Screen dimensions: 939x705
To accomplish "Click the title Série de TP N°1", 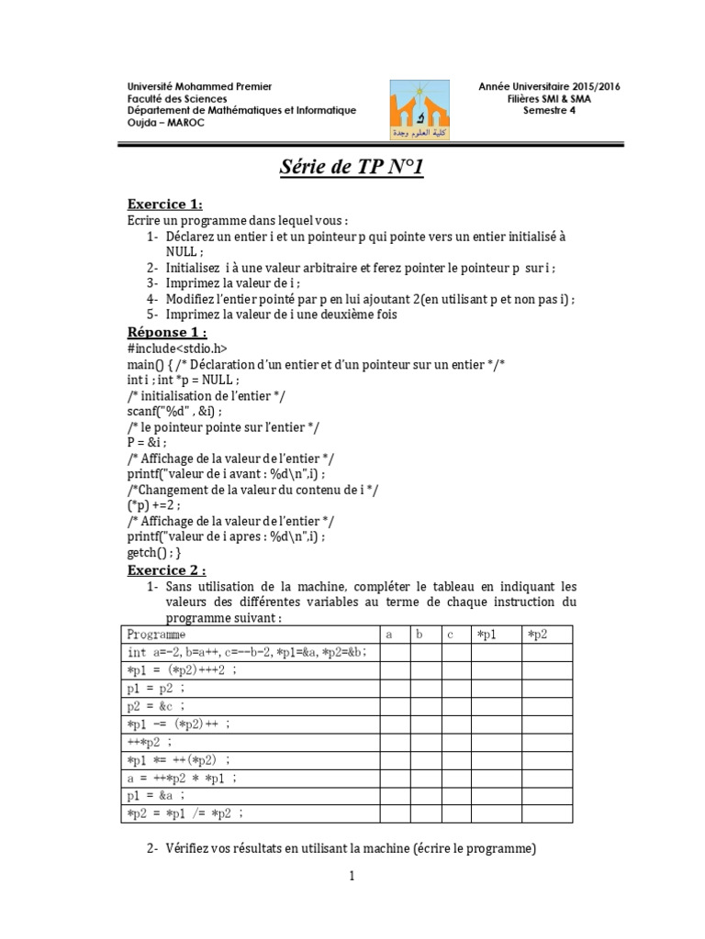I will (x=352, y=169).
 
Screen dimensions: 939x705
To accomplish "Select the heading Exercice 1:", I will (x=164, y=204).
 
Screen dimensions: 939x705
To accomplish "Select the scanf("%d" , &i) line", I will (x=174, y=414).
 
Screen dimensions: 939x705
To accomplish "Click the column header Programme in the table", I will (x=156, y=635).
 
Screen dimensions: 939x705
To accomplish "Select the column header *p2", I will (x=536, y=635).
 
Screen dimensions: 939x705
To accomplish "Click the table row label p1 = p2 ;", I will (x=158, y=688).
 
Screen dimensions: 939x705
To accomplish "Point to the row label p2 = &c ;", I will (x=158, y=706).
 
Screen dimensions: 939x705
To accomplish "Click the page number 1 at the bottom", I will (x=352, y=877).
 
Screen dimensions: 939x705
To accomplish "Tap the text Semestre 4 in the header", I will (x=550, y=111).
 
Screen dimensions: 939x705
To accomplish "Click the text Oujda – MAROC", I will (x=167, y=123).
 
